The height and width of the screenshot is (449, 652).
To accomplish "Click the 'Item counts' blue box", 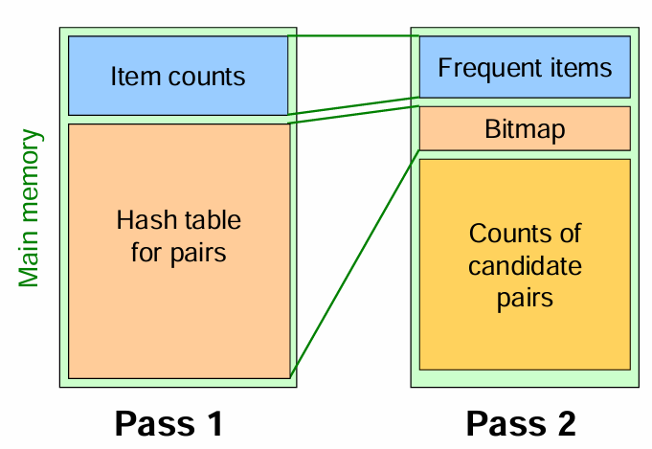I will coord(178,76).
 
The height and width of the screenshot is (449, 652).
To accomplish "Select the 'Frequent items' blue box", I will coord(525,67).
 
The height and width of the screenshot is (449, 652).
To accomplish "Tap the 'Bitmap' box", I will coord(525,128).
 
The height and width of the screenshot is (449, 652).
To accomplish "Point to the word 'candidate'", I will coord(525,265).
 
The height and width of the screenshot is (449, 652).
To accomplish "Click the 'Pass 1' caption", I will coord(169,422).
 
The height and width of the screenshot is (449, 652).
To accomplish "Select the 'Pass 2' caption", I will coord(521,422).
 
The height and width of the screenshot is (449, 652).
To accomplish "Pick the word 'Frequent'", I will coord(484,68).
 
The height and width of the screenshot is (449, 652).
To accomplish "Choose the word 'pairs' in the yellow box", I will coord(525,298).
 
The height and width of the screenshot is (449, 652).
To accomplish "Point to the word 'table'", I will coord(213,221).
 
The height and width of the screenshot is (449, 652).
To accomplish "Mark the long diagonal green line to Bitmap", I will coord(354,263).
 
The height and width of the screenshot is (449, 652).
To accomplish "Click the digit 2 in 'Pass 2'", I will coord(565,422).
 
